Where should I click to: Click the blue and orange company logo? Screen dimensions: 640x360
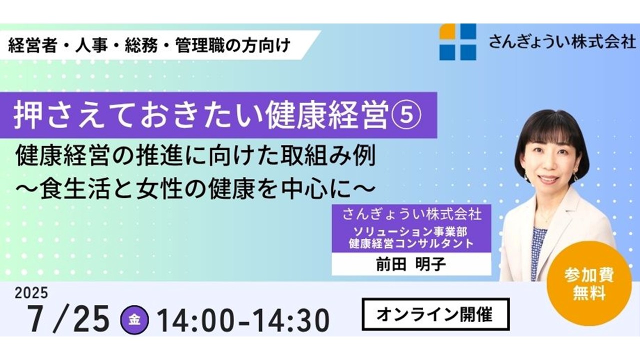(457, 41)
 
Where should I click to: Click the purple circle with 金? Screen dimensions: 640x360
(134, 320)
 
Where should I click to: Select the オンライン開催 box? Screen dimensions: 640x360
(435, 314)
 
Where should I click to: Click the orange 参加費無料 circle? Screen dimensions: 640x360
(589, 283)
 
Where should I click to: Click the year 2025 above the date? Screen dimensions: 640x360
(31, 293)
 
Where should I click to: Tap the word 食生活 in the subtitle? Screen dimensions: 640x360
(75, 190)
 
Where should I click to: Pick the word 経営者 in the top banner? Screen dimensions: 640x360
(32, 45)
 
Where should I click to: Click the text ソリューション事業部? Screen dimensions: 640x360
(410, 231)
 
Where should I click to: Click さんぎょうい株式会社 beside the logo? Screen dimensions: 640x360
(562, 42)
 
